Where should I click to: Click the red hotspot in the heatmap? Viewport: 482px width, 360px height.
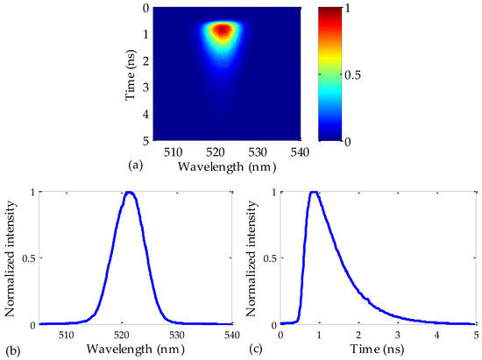pos(222,31)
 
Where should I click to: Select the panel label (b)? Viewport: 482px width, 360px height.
pos(12,351)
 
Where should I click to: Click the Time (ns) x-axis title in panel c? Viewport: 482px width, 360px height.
pos(379,349)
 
